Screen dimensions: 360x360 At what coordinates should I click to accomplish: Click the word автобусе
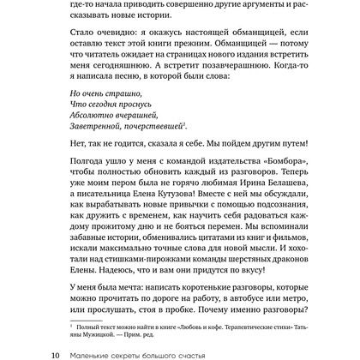249,309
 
